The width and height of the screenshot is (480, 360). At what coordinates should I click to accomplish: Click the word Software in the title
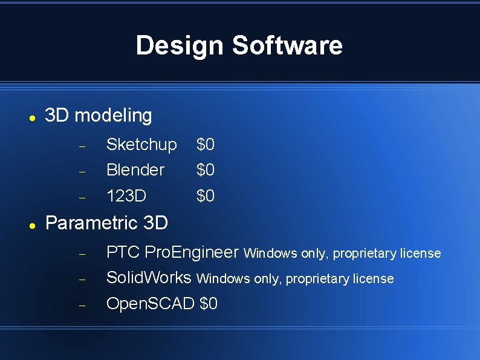[287, 46]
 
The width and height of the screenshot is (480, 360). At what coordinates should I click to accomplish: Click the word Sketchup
[141, 145]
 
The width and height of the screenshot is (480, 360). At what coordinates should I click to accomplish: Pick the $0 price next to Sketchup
[206, 145]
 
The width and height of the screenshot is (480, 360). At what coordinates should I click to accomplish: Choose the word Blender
[135, 171]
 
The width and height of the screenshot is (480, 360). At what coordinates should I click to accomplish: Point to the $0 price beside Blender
[206, 171]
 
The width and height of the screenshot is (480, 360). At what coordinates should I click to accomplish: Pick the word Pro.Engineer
[192, 253]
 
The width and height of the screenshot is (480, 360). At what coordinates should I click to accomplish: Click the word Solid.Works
[149, 278]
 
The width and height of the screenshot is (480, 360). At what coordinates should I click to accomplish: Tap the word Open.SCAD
[151, 304]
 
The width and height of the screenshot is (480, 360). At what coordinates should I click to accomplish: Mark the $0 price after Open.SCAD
[209, 304]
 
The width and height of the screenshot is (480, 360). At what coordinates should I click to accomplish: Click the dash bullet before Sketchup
[83, 146]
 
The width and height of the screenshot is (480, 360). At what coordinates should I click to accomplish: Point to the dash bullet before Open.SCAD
[83, 306]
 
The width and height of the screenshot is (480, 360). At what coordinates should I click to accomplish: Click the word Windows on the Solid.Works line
[221, 280]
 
